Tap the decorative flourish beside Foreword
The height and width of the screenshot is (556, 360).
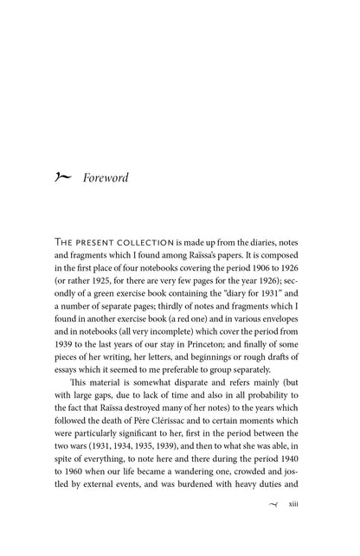65,178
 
